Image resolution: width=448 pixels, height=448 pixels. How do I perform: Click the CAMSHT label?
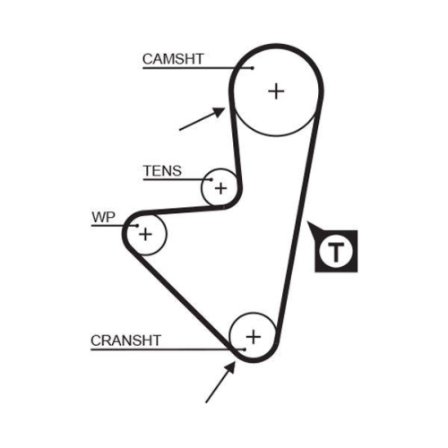click(x=173, y=59)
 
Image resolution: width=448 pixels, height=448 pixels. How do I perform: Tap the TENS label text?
click(x=161, y=170)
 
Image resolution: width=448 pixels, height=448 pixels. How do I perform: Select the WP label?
click(x=102, y=217)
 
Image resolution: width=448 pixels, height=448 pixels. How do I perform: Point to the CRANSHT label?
click(x=125, y=340)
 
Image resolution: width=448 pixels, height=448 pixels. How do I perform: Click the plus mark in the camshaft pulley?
click(x=276, y=90)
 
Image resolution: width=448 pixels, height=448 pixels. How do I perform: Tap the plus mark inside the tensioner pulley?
click(x=220, y=188)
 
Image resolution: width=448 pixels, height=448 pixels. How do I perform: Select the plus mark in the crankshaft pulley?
click(x=253, y=336)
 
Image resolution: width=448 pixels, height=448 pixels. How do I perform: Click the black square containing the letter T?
click(x=336, y=251)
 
